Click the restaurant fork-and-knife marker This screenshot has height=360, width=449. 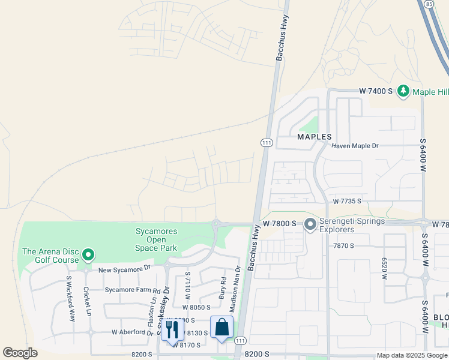172,329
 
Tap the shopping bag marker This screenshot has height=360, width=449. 221,327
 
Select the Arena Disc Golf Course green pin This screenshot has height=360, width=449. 88,256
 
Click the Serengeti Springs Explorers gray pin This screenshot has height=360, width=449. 310,224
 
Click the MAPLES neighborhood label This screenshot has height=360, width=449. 315,137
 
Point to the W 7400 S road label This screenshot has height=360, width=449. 375,91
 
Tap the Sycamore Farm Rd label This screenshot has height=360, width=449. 133,289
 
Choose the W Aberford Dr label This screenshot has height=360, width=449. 133,332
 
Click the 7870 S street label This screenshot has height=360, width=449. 344,246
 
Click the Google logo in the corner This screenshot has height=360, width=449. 20,353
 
